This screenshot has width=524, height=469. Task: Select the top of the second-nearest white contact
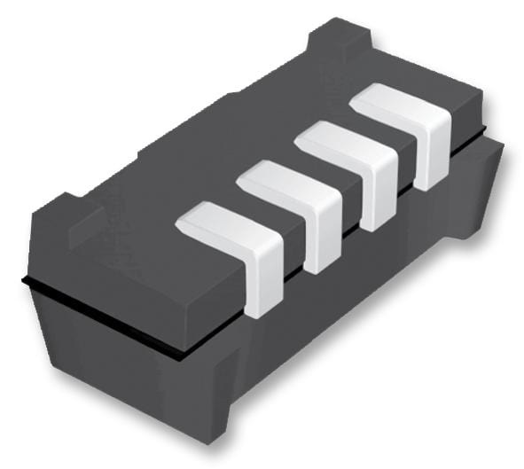pyautogui.click(x=275, y=181)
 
